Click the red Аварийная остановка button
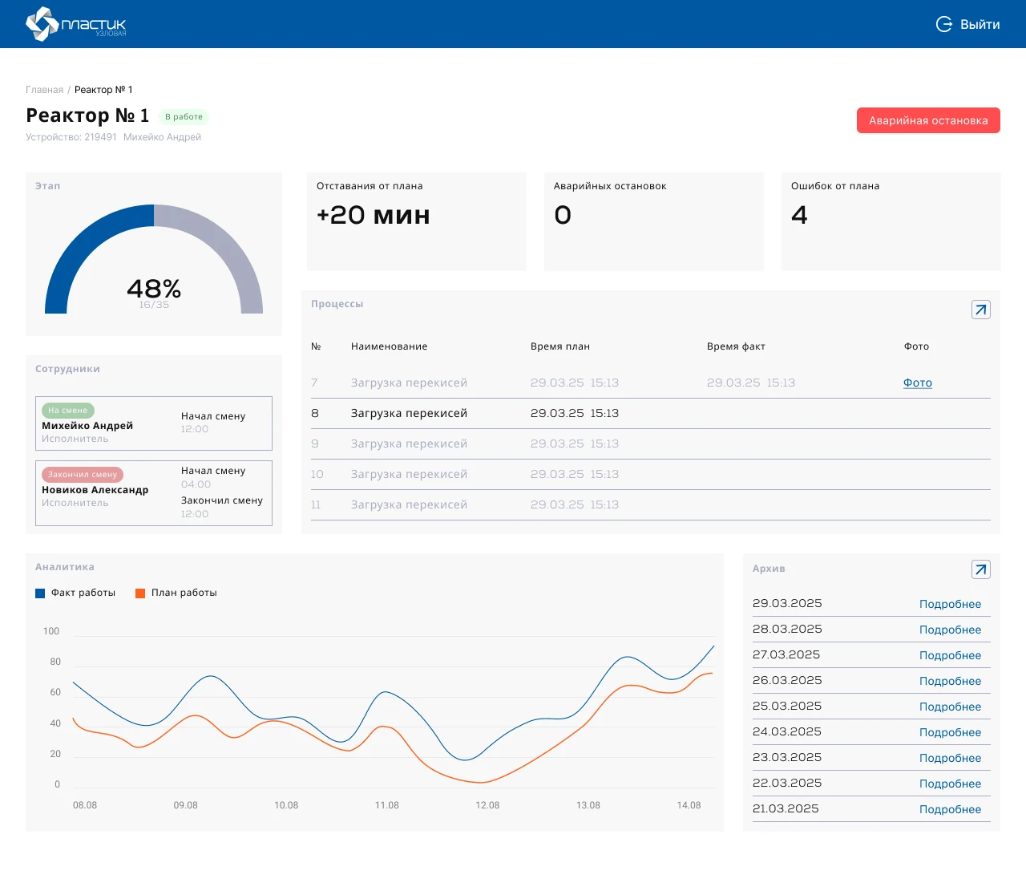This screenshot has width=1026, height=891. pos(927,120)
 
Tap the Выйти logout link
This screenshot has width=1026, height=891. pos(967,24)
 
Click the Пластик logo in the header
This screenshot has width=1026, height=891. pos(75,24)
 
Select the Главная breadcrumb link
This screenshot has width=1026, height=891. pos(44,90)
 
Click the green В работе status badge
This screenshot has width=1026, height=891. pos(184,116)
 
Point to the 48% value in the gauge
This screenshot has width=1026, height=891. pos(154,288)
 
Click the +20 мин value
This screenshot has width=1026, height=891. pos(373,215)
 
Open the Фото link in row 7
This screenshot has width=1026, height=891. pos(917,383)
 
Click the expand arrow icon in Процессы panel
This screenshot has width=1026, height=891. pos(980,310)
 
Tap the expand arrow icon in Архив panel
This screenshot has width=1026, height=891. pos(980,569)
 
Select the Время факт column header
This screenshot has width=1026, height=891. pos(736,346)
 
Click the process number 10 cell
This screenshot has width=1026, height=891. pos(317,474)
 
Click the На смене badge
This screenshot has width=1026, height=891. pos(67,411)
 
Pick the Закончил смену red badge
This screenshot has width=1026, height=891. pos(83,474)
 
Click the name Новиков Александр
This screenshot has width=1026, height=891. pos(95,490)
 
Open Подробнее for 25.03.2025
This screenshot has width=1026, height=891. pos(950,707)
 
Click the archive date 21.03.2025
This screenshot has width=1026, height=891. pos(786,808)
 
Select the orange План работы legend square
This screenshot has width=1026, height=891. pos(140,593)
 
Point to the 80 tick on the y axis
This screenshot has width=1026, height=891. pos(55,662)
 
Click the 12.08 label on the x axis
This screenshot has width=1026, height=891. pos(487,805)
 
